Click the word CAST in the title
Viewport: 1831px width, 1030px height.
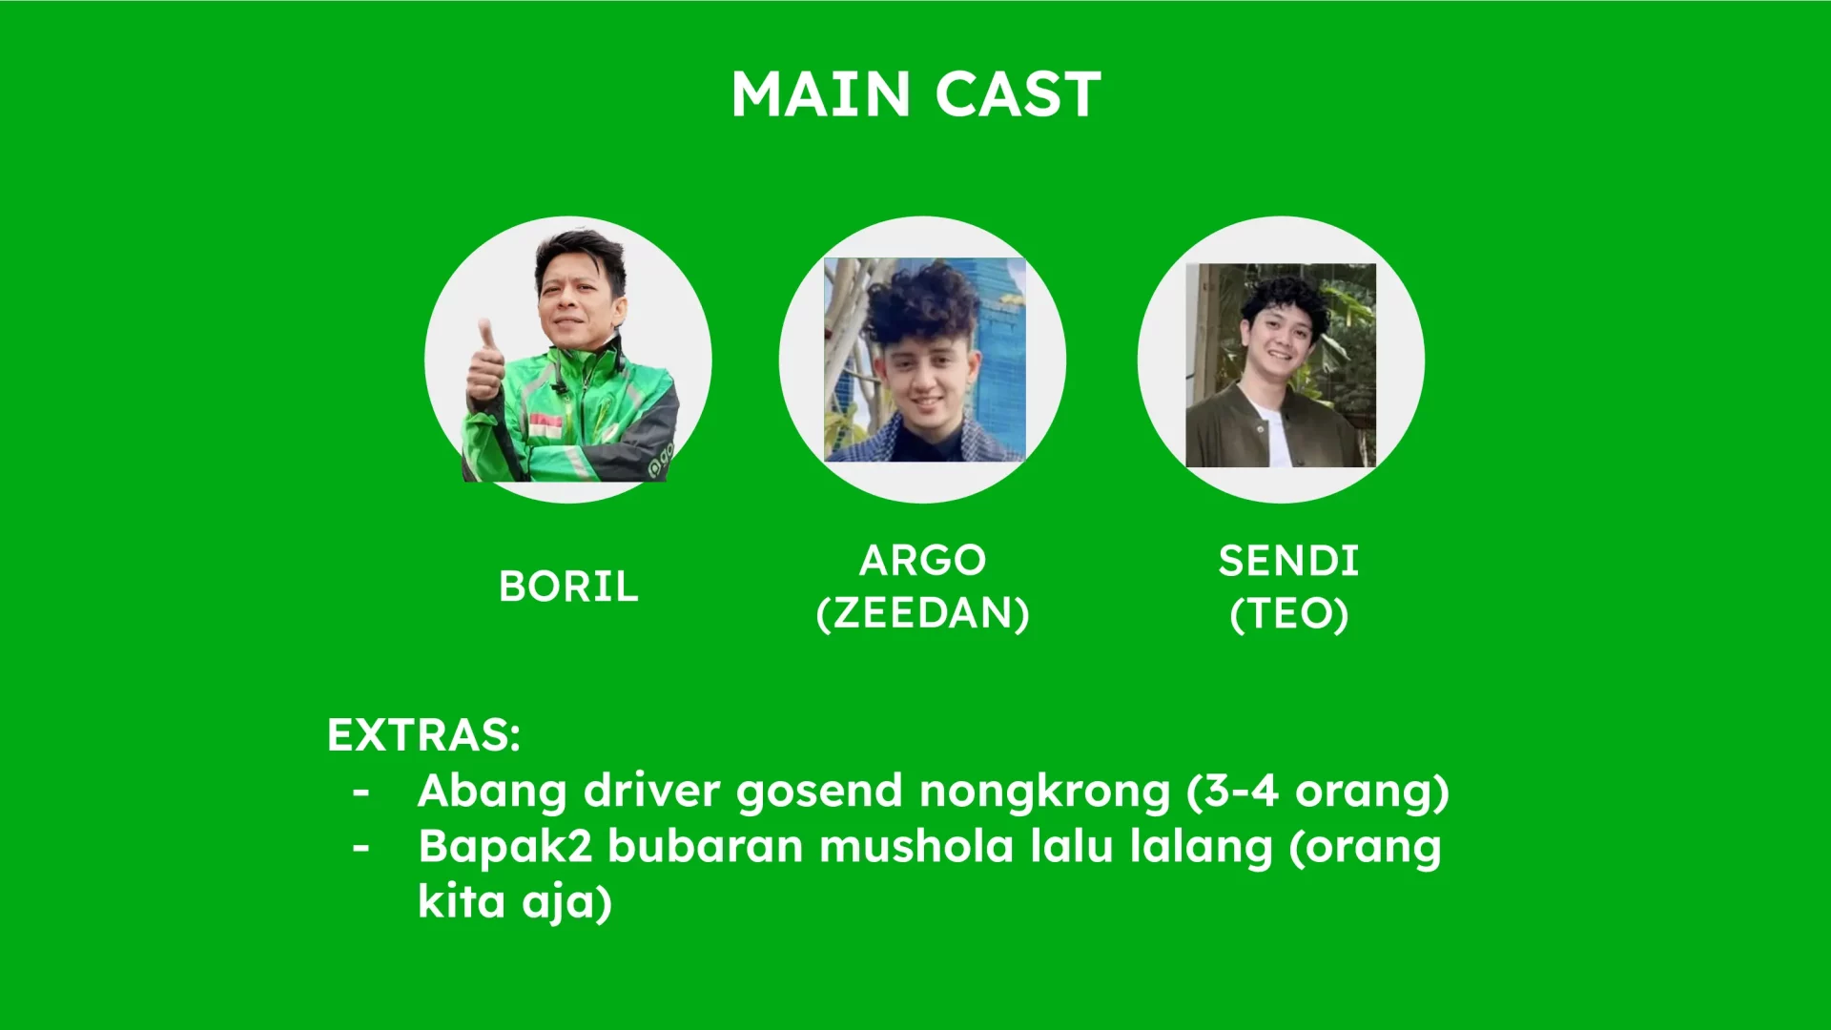1018,94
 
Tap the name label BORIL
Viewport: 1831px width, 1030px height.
568,587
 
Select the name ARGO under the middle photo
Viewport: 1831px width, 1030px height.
922,560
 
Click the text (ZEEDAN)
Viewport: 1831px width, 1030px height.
922,613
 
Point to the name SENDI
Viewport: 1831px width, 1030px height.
1288,561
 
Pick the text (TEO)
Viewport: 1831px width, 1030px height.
1288,613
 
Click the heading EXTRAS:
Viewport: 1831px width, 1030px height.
424,735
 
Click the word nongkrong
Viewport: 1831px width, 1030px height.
1044,793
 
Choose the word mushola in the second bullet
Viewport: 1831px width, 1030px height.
915,847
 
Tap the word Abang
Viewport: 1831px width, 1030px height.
492,793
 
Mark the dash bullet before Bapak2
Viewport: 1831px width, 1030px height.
360,847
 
